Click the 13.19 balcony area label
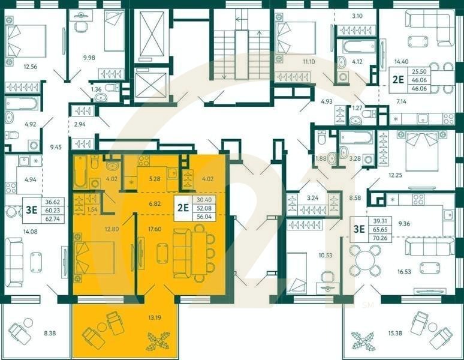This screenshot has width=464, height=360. click(x=155, y=318)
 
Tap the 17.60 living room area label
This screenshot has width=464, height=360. click(x=155, y=229)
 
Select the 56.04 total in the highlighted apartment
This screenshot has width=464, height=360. click(x=204, y=217)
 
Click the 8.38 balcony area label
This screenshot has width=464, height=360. click(x=50, y=333)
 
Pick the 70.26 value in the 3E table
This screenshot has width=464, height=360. click(x=380, y=238)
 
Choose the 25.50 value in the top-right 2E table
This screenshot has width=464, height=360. click(x=419, y=71)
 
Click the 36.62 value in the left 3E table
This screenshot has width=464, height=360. click(x=53, y=202)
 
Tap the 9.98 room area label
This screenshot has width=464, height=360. click(x=89, y=58)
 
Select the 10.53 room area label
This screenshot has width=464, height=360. click(x=325, y=255)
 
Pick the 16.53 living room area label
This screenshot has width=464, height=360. click(x=404, y=271)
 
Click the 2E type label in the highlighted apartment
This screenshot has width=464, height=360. click(x=183, y=208)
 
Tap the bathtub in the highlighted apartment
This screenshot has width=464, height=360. click(x=80, y=172)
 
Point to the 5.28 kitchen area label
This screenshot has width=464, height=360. click(x=155, y=179)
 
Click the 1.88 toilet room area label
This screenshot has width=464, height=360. click(x=321, y=158)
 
